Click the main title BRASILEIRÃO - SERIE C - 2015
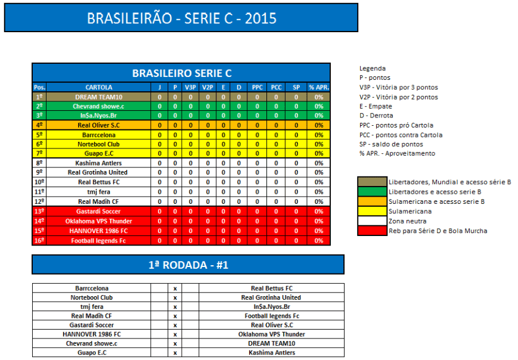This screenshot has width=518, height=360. pos(182,18)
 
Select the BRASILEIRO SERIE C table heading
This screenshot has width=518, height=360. pos(182,73)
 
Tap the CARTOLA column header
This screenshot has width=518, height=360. pos(99,87)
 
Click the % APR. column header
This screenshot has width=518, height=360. pos(319,87)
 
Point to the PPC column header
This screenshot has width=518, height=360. pos(258,87)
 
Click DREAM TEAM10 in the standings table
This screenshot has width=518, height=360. pos(99,97)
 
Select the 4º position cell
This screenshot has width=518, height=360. pos(39,125)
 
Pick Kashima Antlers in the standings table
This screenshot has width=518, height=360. pos(98,163)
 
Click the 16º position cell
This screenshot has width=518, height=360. pos(39,240)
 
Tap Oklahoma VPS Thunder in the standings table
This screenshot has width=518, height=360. pos(98,221)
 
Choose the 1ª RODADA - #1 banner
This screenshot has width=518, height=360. pos(188,265)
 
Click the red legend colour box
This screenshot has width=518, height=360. pos(373,231)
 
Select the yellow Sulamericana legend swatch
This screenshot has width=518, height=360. pos(373,212)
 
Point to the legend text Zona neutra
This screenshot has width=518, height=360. pos(407,221)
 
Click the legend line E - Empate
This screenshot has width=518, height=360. pos(376,106)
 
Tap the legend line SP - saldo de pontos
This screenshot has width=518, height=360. pos(391,144)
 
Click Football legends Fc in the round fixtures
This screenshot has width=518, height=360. pos(272,316)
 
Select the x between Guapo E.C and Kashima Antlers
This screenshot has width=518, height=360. pos(175,353)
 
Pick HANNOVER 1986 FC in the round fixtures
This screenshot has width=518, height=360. pos(92,334)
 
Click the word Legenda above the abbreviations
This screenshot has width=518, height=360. pos(373,69)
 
